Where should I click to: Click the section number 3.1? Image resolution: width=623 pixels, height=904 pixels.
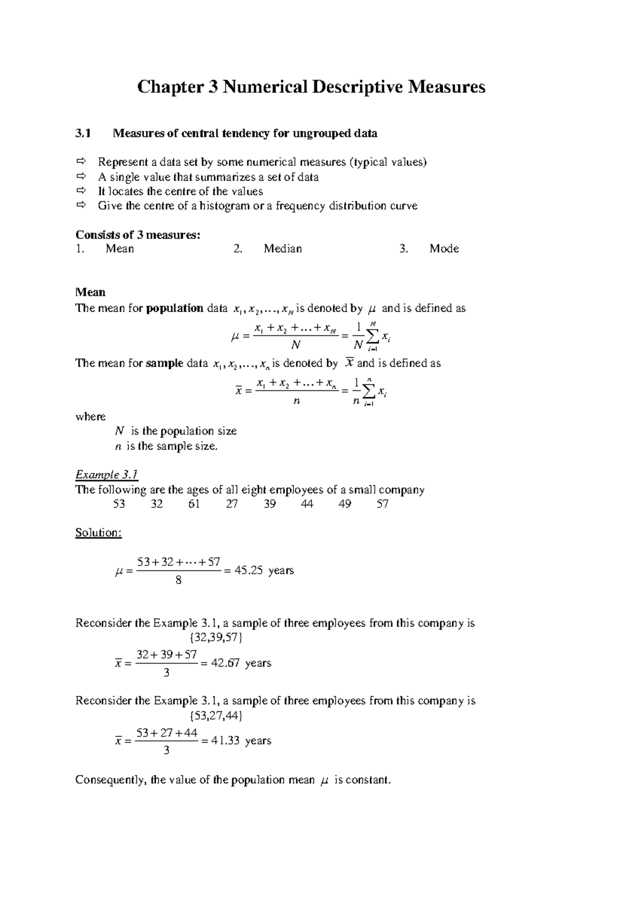point(83,133)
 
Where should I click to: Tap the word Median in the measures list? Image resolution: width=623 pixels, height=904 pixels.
point(282,249)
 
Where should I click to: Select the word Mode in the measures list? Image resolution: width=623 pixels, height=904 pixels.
point(444,249)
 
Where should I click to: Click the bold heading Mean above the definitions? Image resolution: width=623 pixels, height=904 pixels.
point(90,292)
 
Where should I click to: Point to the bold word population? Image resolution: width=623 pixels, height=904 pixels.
point(174,308)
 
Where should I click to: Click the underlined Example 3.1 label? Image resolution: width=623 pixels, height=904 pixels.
point(106,475)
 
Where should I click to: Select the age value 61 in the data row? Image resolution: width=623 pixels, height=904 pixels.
point(194,504)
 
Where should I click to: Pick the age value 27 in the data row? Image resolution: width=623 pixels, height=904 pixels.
point(232,504)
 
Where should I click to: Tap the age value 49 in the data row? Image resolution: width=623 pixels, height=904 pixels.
point(345,504)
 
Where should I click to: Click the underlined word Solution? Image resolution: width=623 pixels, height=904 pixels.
point(99,533)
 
